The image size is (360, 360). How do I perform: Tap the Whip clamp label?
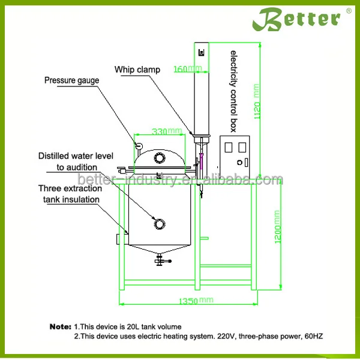[137, 70]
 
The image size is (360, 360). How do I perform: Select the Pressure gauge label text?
[71, 80]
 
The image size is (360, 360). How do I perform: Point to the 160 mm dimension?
[188, 68]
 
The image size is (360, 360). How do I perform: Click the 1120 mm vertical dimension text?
[257, 101]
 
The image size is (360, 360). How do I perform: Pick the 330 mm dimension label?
[167, 131]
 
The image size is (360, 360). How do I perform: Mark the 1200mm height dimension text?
[278, 227]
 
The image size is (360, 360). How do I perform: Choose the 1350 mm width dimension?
[196, 301]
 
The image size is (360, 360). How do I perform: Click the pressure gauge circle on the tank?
[139, 145]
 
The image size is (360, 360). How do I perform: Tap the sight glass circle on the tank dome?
[160, 158]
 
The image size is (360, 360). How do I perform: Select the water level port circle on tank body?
[160, 224]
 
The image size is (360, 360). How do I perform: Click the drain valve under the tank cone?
[163, 260]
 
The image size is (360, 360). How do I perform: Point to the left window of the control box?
[228, 147]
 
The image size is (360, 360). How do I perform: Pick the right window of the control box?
[242, 147]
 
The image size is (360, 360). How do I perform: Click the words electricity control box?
[233, 91]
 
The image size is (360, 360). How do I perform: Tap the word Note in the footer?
[61, 327]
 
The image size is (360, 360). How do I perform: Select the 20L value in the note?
[133, 327]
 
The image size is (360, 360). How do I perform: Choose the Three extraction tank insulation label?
[70, 194]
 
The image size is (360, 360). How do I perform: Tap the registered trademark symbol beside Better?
[349, 11]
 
